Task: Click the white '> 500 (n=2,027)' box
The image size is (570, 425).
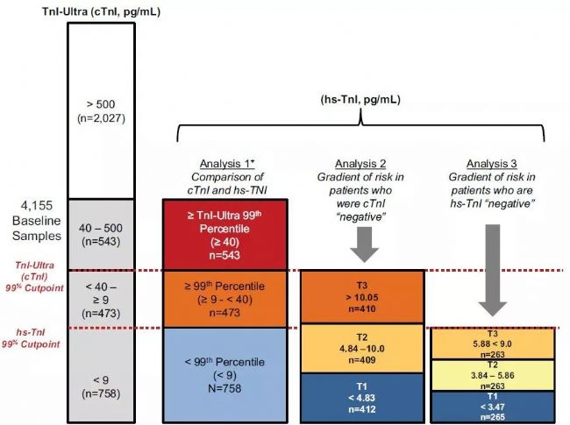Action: (x=101, y=110)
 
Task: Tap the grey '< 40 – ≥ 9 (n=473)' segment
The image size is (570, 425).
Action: (x=101, y=299)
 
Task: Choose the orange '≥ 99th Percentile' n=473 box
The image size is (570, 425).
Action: (x=226, y=299)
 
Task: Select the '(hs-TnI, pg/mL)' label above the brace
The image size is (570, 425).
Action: (x=360, y=100)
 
